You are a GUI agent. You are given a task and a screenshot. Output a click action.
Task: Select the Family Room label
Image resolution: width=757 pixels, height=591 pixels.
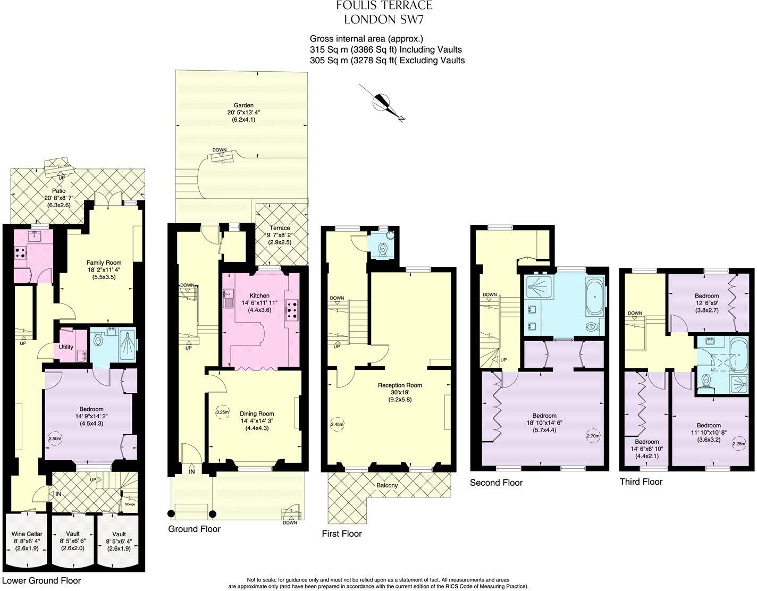[104, 263]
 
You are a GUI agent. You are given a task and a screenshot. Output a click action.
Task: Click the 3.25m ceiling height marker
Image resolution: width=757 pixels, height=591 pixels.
[222, 412]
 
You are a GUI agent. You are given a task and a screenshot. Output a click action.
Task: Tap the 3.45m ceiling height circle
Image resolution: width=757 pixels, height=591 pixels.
[337, 424]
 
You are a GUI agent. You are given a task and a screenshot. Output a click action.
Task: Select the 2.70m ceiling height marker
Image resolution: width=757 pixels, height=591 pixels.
[593, 436]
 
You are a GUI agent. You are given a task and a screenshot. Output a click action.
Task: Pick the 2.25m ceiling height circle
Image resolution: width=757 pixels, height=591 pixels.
[738, 444]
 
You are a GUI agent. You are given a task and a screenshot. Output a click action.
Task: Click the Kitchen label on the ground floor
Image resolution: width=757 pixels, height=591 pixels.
[259, 295]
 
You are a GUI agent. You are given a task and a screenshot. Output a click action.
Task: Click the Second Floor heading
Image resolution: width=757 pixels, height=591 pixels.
[496, 483]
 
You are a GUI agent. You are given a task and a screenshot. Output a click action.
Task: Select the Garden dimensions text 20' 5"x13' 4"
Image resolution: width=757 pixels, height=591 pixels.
[242, 113]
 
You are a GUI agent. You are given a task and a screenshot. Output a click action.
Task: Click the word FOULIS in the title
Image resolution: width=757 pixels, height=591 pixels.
[357, 6]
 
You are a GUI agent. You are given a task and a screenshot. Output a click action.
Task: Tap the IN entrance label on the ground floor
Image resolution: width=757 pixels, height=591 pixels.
[191, 471]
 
